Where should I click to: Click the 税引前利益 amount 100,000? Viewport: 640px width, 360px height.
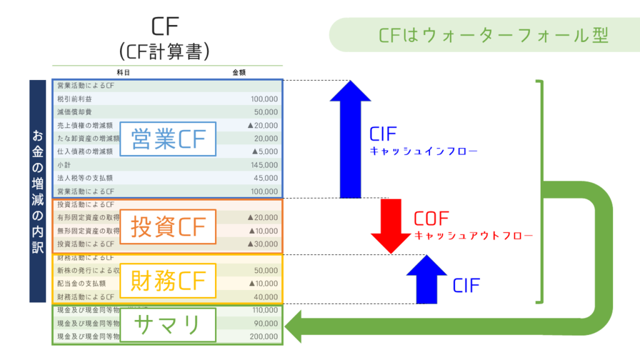(x=264, y=99)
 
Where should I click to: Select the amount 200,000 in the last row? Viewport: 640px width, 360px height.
(x=264, y=336)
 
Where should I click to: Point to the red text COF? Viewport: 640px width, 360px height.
(x=431, y=219)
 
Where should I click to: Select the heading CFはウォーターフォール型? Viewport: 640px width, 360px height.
(x=493, y=35)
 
